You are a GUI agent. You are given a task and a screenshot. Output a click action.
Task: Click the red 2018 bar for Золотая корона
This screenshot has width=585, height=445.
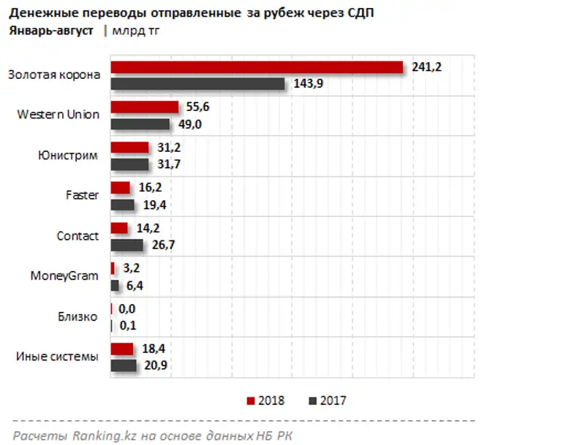point(256,67)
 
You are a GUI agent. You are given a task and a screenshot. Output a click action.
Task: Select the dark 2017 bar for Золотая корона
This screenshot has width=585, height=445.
point(197,84)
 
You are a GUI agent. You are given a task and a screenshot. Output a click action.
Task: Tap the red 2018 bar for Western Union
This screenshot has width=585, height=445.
point(144,107)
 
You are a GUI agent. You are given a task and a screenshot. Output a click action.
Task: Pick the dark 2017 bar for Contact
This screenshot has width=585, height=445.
point(127,245)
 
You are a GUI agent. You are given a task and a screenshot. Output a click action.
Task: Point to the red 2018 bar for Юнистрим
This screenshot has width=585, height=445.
point(129,148)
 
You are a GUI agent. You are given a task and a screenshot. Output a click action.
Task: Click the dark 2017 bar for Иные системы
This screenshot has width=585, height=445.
point(124,365)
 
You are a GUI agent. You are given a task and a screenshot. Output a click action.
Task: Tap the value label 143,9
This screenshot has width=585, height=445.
point(308,84)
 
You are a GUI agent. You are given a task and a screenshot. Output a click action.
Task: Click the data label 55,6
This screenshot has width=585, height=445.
point(198,107)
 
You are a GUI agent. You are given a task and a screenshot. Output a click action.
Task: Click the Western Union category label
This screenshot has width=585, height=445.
point(58,115)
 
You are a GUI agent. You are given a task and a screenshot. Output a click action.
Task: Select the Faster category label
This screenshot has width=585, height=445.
point(82,195)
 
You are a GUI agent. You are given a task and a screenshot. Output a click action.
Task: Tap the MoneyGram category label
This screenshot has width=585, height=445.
point(64,276)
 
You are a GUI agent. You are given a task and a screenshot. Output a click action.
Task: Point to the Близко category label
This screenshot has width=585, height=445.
point(78,316)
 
